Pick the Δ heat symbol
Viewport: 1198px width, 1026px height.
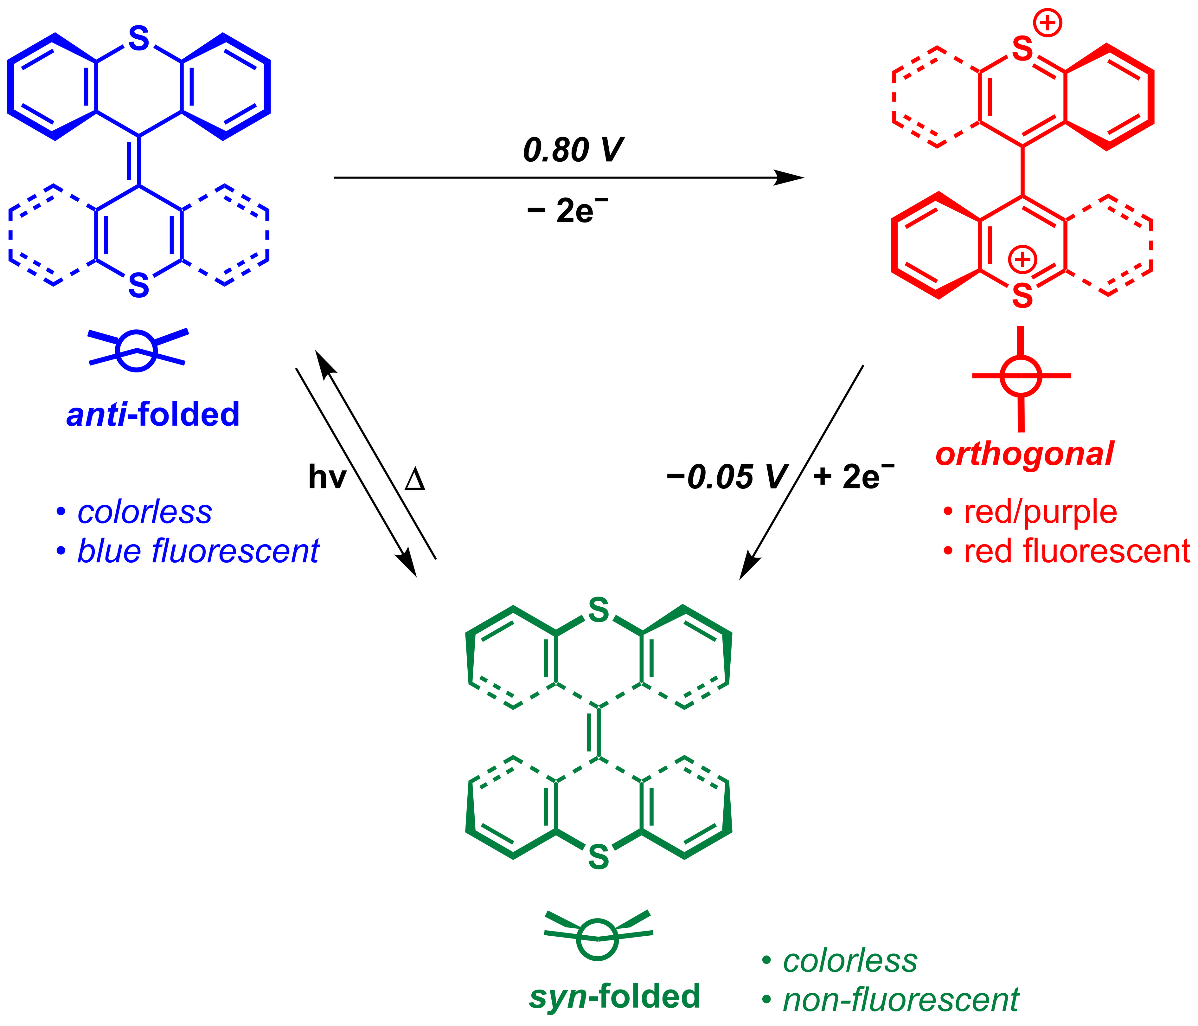(x=415, y=480)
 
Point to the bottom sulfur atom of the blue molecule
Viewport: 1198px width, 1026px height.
(x=139, y=285)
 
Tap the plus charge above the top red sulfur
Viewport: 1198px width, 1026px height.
(x=1048, y=24)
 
